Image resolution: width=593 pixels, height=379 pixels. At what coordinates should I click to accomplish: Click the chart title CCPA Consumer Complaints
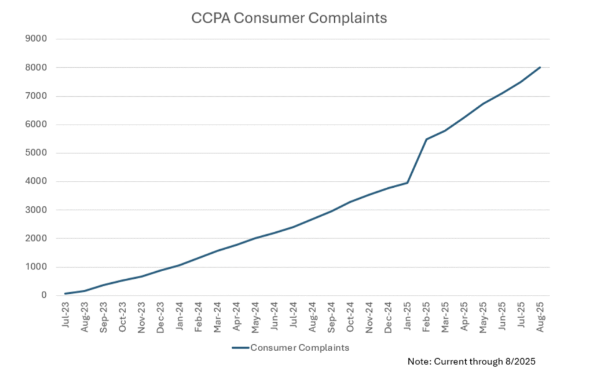click(x=289, y=18)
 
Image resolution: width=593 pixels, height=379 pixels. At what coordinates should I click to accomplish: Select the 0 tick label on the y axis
click(x=43, y=296)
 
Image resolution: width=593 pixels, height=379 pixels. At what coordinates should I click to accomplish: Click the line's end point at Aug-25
click(x=540, y=67)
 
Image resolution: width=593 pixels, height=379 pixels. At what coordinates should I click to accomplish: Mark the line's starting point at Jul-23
click(x=65, y=293)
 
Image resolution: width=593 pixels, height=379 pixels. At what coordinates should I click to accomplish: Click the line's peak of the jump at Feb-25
click(x=426, y=139)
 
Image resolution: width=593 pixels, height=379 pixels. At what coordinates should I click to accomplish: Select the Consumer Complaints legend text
click(x=299, y=348)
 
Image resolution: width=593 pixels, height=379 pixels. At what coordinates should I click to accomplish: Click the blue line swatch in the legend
click(x=240, y=348)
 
